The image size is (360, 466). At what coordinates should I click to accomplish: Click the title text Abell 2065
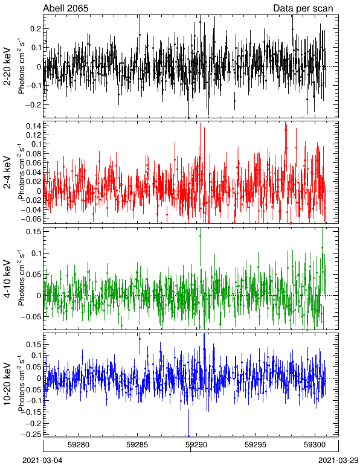click(x=66, y=8)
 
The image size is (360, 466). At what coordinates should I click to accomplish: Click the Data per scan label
click(x=303, y=8)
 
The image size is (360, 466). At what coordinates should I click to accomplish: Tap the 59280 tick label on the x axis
click(x=79, y=445)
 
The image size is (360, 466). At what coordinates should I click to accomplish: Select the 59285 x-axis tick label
click(x=137, y=445)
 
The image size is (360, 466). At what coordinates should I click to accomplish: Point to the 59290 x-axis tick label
click(x=196, y=445)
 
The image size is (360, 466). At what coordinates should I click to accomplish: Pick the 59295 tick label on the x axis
click(x=256, y=445)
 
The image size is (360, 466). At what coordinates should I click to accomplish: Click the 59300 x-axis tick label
click(x=315, y=445)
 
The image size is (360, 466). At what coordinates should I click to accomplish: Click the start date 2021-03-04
click(x=43, y=461)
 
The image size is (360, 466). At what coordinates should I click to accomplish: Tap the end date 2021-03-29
click(x=338, y=461)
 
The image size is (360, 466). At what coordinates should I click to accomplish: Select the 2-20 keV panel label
click(x=7, y=66)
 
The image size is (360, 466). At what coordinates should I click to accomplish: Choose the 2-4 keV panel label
click(x=7, y=173)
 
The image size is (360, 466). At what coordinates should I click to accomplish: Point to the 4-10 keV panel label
click(x=7, y=279)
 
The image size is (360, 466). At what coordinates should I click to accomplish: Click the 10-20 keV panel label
click(x=7, y=384)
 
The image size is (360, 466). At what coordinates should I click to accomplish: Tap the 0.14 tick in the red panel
click(x=33, y=126)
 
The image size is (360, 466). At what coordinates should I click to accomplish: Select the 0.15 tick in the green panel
click(x=33, y=232)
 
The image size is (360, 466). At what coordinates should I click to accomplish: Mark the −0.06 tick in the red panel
click(x=31, y=219)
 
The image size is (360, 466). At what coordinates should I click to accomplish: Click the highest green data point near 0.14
click(x=200, y=235)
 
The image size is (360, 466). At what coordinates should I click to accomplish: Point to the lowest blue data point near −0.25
click(x=188, y=436)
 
